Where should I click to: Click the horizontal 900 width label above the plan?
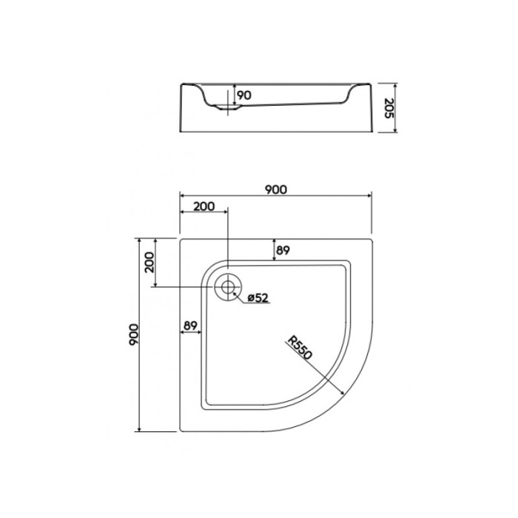click(x=275, y=189)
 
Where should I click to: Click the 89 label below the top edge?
click(x=283, y=250)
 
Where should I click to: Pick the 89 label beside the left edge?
click(x=190, y=324)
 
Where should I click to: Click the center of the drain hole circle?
click(x=228, y=286)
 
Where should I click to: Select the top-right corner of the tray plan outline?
click(x=371, y=239)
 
